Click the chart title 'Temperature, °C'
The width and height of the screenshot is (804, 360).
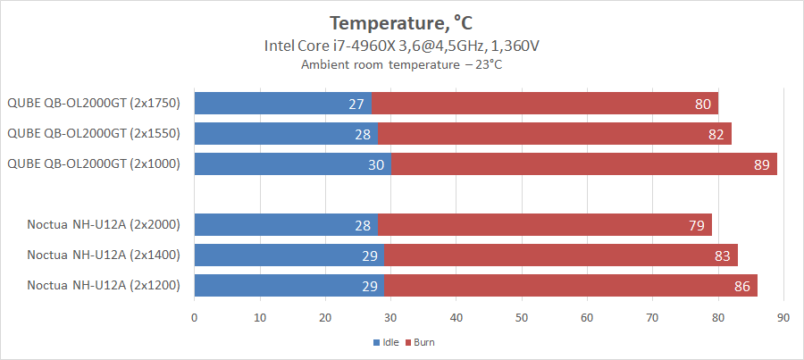401,21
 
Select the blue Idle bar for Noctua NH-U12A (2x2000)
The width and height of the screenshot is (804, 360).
286,225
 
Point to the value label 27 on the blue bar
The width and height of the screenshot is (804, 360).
356,104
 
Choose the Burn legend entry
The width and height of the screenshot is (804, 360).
423,342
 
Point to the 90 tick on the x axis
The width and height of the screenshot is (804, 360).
783,317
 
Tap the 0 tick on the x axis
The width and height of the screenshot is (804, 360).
194,317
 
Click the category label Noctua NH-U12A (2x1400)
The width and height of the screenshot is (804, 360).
104,255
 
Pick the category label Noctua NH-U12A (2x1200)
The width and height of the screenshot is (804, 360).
104,286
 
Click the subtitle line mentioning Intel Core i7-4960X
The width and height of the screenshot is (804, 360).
401,46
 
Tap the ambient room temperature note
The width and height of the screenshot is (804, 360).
401,65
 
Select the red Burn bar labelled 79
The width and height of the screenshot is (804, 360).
545,225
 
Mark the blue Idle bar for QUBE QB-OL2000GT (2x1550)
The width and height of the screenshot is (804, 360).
286,134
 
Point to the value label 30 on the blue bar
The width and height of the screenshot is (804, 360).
376,164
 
